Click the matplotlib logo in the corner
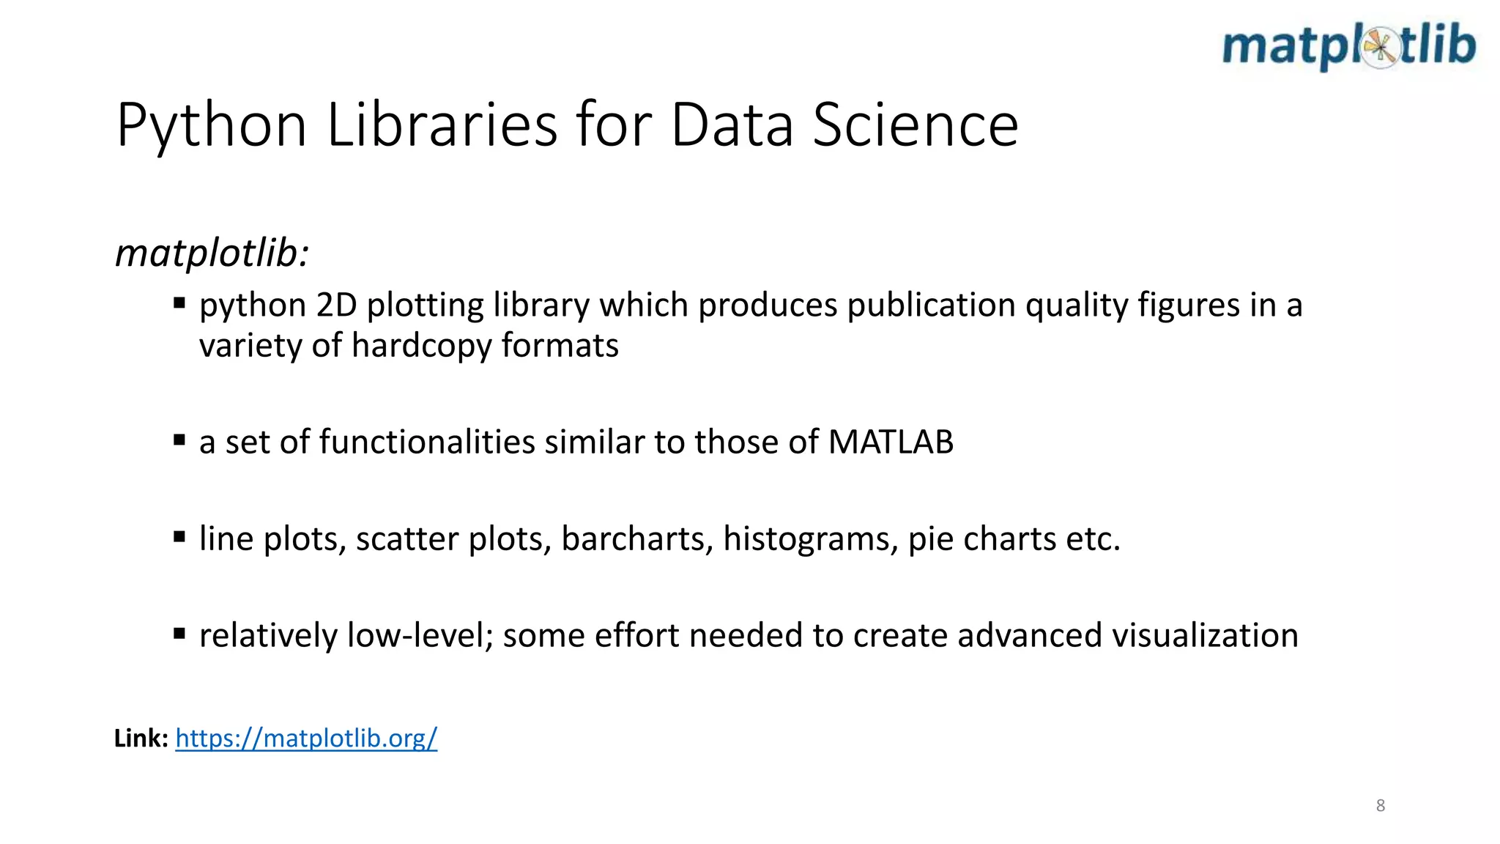coord(1348,46)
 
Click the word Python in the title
coord(211,125)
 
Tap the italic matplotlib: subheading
coord(212,253)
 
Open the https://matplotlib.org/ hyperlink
coord(306,738)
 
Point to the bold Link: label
coord(141,738)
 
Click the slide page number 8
coord(1381,806)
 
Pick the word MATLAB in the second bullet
coord(891,442)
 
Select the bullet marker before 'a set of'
coord(179,440)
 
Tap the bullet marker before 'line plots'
coord(179,537)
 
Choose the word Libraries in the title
coord(442,125)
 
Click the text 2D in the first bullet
coord(336,306)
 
